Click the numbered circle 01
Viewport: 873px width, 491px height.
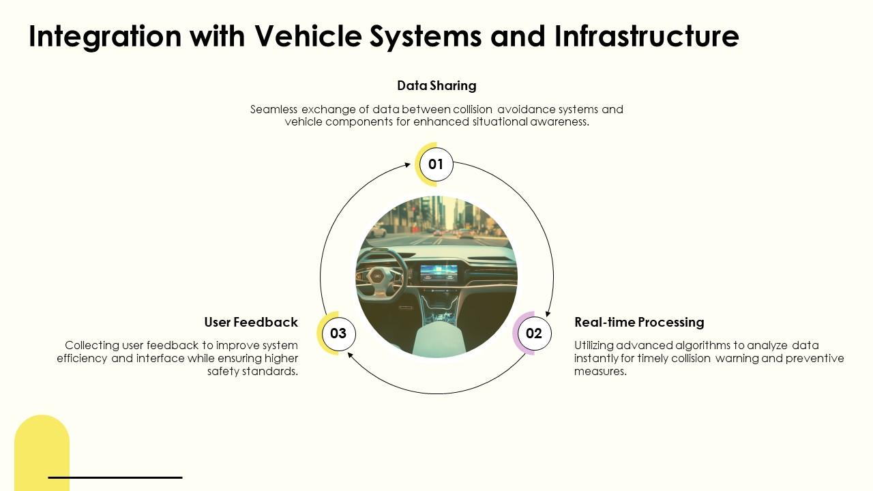coord(436,164)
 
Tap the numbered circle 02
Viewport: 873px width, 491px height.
coord(534,333)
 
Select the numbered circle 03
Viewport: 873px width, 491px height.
coord(338,333)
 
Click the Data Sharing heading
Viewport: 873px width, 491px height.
coord(436,86)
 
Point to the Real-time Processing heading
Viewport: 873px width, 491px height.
coord(639,322)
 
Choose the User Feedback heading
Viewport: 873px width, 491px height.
coord(251,322)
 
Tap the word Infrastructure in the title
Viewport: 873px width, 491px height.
coord(647,37)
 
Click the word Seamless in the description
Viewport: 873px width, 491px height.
coord(273,109)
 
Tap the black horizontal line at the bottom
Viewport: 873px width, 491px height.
coord(115,477)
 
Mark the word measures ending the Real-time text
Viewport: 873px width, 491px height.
coord(600,372)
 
